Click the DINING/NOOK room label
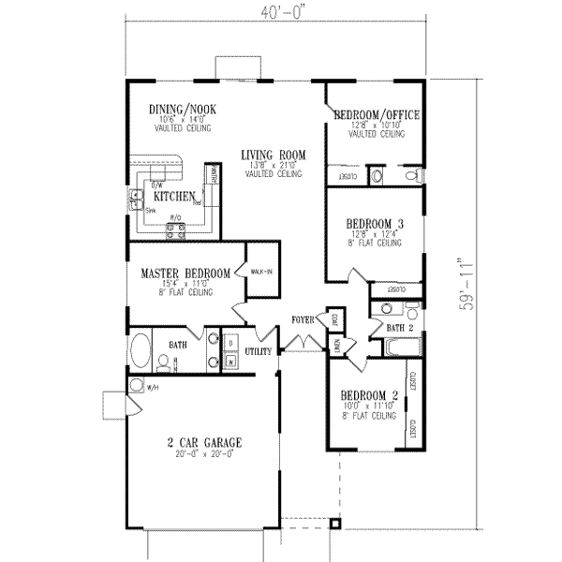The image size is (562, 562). [x=178, y=110]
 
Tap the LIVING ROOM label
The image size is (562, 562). [x=274, y=155]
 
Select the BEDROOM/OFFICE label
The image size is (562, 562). [x=377, y=115]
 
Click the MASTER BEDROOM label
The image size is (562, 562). [x=185, y=274]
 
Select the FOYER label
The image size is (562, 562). [x=302, y=319]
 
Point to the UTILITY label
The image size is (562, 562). [x=259, y=351]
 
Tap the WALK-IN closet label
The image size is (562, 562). [x=261, y=272]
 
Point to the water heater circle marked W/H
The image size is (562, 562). [x=137, y=385]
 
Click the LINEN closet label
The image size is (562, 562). [x=336, y=347]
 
